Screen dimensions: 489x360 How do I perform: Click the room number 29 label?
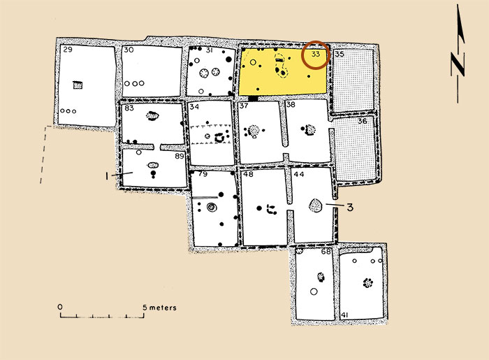tap(68, 50)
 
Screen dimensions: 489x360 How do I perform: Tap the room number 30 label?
tap(129, 50)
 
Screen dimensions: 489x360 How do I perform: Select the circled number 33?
tap(316, 54)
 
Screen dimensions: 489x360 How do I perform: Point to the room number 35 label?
tap(340, 55)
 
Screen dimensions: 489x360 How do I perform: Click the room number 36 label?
tap(362, 121)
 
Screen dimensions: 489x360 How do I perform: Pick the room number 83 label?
tap(129, 108)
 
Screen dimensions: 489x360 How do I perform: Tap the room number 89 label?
tap(180, 156)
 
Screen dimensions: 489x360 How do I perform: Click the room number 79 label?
tap(203, 174)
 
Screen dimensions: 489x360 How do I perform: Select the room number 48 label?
tap(248, 174)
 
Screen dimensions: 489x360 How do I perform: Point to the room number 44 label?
tap(299, 174)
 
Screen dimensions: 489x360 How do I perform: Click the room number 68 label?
tap(326, 251)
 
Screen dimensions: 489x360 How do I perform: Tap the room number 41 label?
tap(344, 315)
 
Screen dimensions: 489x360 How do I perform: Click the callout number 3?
tap(350, 207)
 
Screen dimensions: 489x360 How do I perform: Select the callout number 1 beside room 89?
tap(107, 176)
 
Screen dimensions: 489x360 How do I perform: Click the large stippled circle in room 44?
tap(316, 206)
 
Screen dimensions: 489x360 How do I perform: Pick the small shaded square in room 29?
tap(78, 85)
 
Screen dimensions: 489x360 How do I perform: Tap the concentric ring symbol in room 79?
tap(212, 207)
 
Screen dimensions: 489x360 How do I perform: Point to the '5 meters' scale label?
tap(160, 308)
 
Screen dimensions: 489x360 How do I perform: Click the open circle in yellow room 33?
tap(253, 62)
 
